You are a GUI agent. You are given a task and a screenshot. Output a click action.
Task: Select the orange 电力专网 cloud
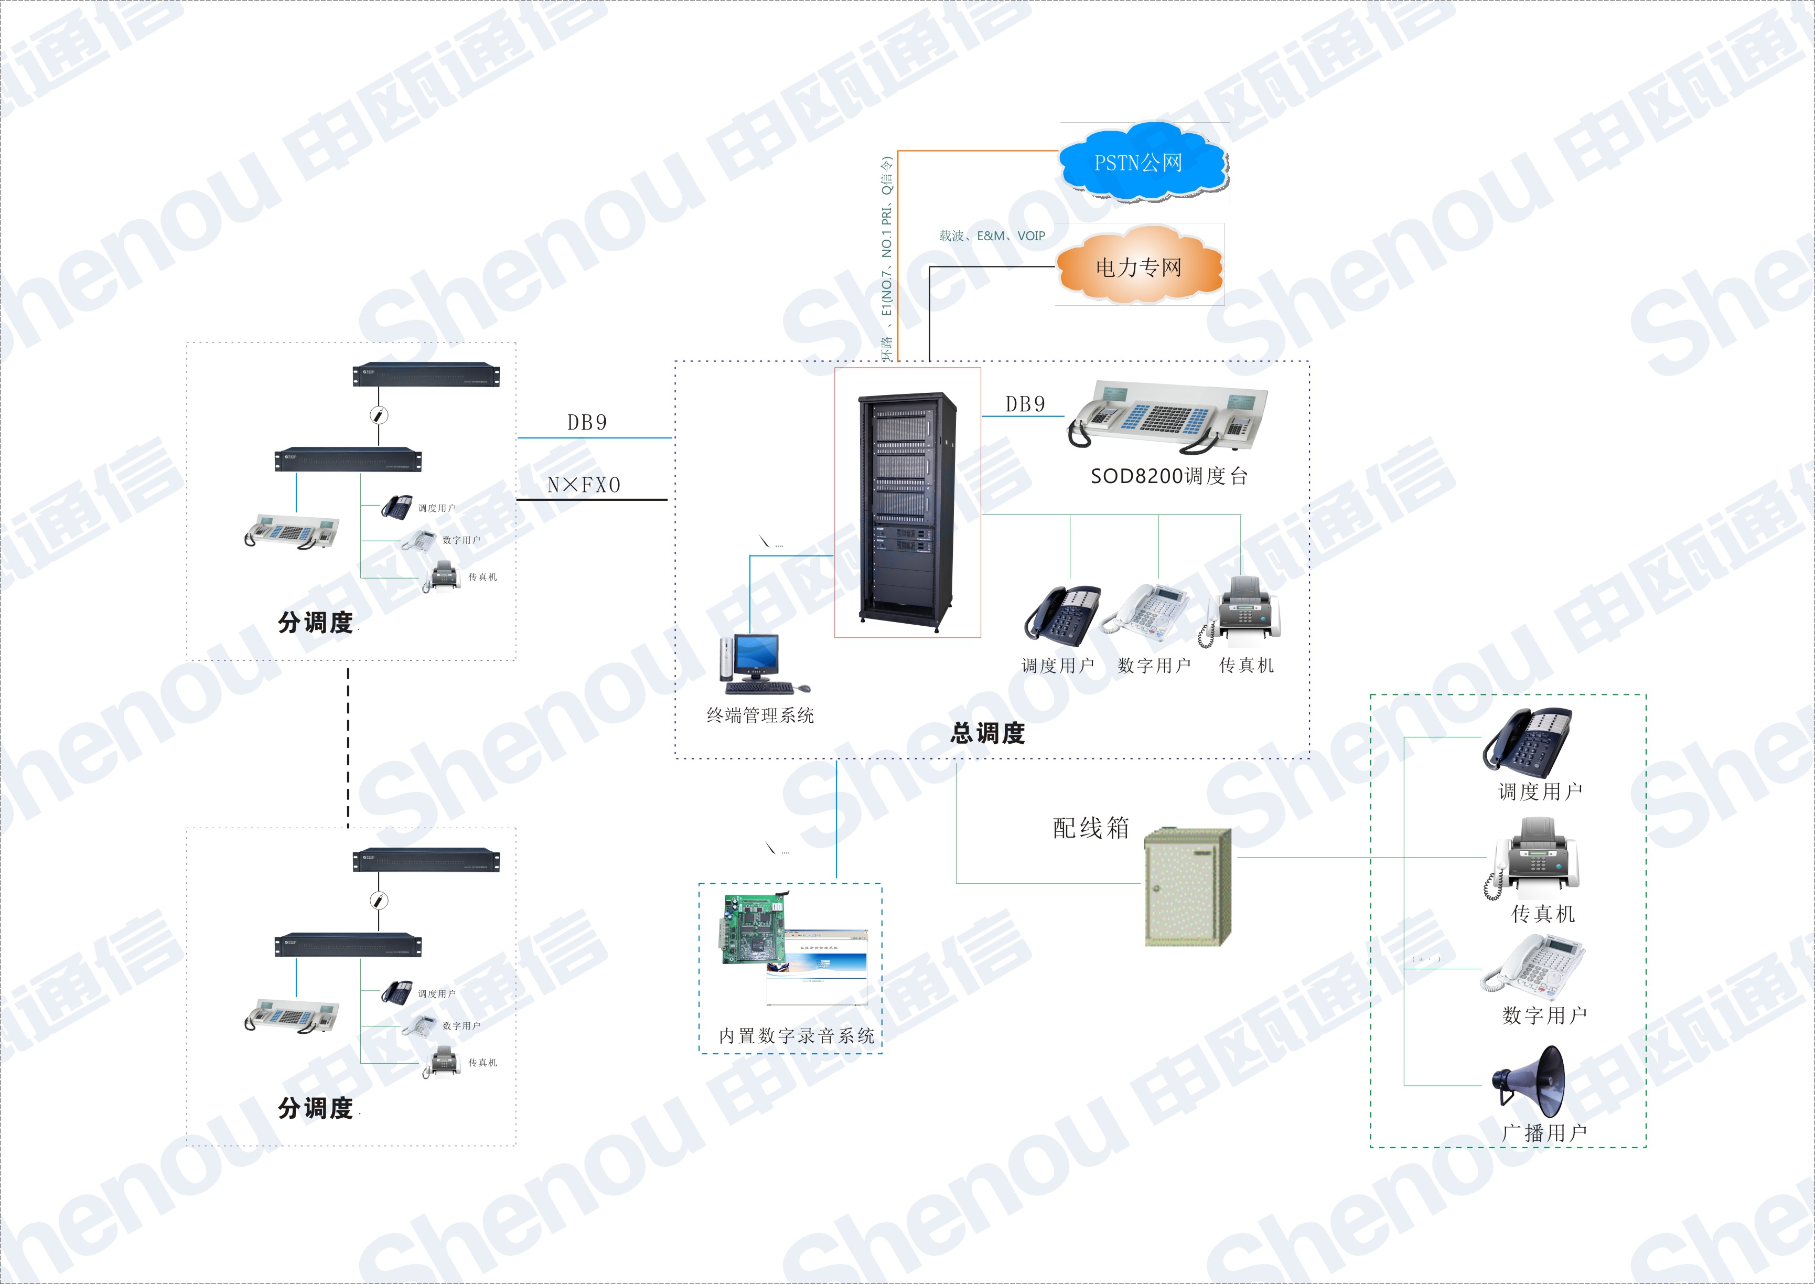pos(1139,267)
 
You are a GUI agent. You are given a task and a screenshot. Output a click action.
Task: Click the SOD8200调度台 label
pos(1168,476)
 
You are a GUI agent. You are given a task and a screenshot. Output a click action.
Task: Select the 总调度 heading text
pos(987,733)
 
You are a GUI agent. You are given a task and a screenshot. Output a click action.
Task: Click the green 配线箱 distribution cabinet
pos(1187,886)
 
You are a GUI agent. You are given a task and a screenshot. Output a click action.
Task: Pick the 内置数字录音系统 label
pos(796,1036)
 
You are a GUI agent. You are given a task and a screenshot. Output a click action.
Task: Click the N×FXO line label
pos(584,485)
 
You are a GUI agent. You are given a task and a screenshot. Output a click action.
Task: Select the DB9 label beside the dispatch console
pos(1025,404)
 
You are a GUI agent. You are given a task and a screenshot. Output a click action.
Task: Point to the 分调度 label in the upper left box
pos(315,622)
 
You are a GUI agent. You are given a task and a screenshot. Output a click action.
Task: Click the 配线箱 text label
pos(1091,828)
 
